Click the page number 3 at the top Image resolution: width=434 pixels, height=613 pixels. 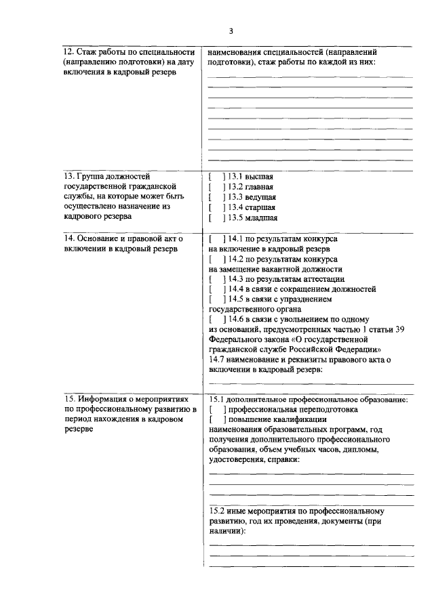(x=231, y=31)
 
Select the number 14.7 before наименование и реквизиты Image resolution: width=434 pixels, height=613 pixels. (x=217, y=360)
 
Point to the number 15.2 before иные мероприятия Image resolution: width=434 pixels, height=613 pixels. (x=217, y=511)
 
